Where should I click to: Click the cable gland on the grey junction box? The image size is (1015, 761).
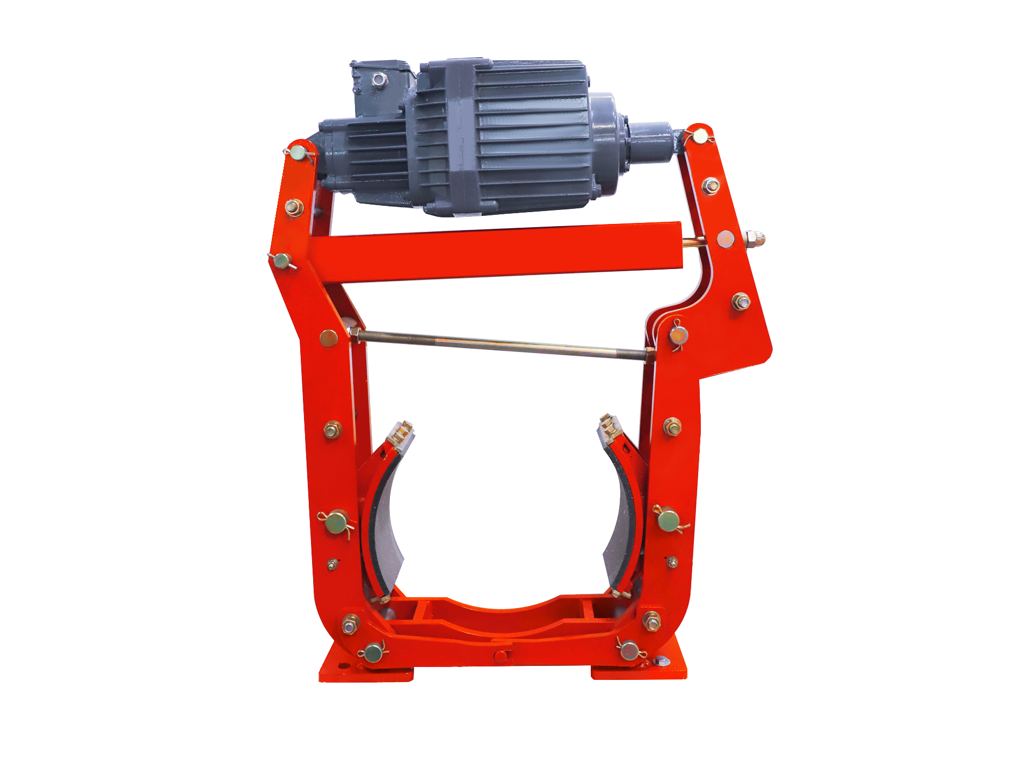pyautogui.click(x=379, y=80)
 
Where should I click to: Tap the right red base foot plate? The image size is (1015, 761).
pyautogui.click(x=639, y=672)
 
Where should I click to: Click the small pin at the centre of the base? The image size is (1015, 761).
pyautogui.click(x=501, y=656)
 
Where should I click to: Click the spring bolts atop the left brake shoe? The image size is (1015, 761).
pyautogui.click(x=402, y=431)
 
